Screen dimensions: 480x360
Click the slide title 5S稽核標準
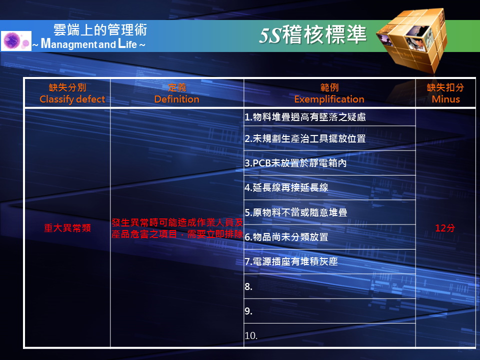[x=312, y=34]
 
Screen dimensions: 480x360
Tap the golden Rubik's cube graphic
[x=412, y=40]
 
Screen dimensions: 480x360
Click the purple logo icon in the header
[x=16, y=40]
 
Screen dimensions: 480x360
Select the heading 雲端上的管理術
[x=100, y=30]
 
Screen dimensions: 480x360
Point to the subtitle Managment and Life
[x=89, y=44]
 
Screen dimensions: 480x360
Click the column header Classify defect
[x=72, y=99]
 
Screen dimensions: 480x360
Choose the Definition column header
[x=176, y=99]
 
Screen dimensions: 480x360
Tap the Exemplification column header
[x=329, y=99]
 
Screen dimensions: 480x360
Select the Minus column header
[x=445, y=99]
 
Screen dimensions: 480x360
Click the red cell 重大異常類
[x=67, y=228]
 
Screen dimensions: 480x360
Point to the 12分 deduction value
[x=445, y=228]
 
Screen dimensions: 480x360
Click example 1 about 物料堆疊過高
[x=305, y=117]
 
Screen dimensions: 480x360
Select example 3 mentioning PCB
[x=295, y=163]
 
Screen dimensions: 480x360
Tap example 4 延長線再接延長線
[x=286, y=187]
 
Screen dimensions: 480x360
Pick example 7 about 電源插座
[x=291, y=261]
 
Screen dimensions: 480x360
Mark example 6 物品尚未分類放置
[x=286, y=237]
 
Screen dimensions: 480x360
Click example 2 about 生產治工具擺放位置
[x=305, y=138]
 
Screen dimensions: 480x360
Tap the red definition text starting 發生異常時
[x=177, y=228]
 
